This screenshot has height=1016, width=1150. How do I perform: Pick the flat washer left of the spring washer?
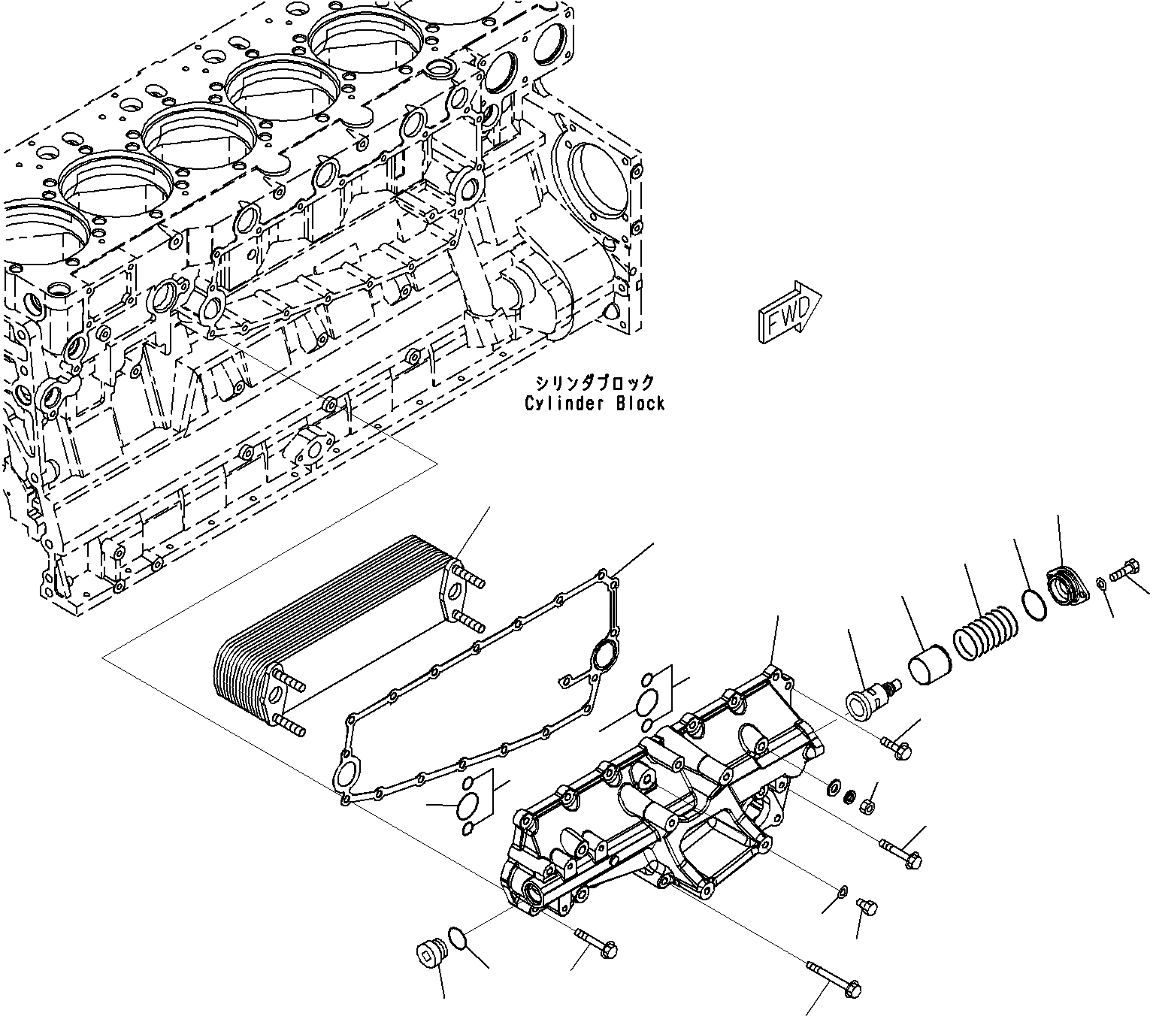[x=833, y=788]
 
